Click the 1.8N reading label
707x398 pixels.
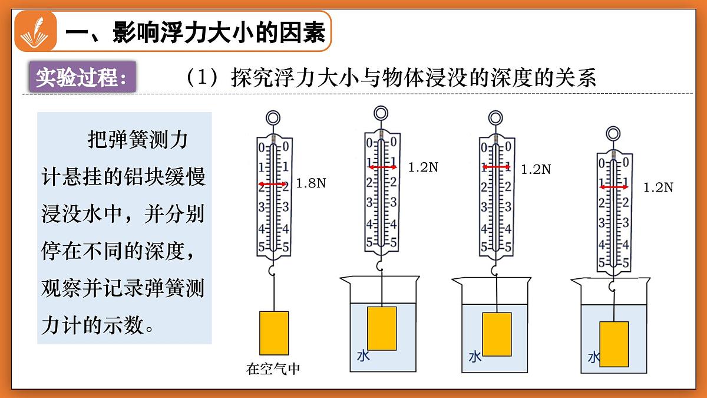point(311,183)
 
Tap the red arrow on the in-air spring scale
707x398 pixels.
point(273,184)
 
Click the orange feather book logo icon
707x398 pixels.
point(35,31)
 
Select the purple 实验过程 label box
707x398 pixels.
point(82,77)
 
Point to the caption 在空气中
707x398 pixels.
point(273,369)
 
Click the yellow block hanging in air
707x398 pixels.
point(274,333)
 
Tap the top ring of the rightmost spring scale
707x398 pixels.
point(613,134)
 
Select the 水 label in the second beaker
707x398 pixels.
point(364,356)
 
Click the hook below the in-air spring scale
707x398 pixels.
point(272,271)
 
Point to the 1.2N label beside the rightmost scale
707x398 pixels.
point(659,188)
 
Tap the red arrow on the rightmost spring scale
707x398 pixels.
point(614,188)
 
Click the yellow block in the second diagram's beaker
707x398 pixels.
point(382,328)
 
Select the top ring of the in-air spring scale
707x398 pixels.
point(273,118)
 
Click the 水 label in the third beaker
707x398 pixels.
point(475,357)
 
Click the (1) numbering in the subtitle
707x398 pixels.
point(202,77)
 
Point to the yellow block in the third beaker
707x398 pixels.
point(497,334)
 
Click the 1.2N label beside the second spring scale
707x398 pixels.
point(423,167)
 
